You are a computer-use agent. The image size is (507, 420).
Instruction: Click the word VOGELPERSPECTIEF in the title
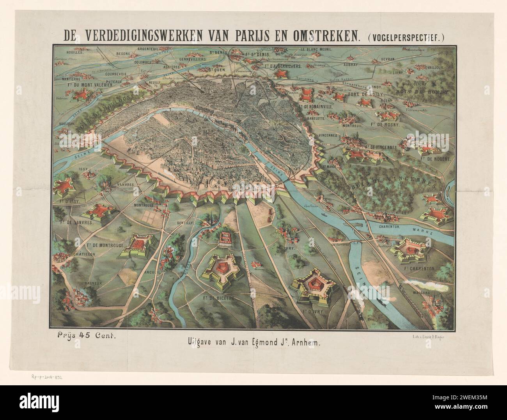coord(406,37)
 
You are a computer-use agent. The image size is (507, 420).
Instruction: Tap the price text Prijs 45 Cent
coord(89,334)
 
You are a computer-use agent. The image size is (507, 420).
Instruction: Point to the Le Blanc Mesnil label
coord(316,50)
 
